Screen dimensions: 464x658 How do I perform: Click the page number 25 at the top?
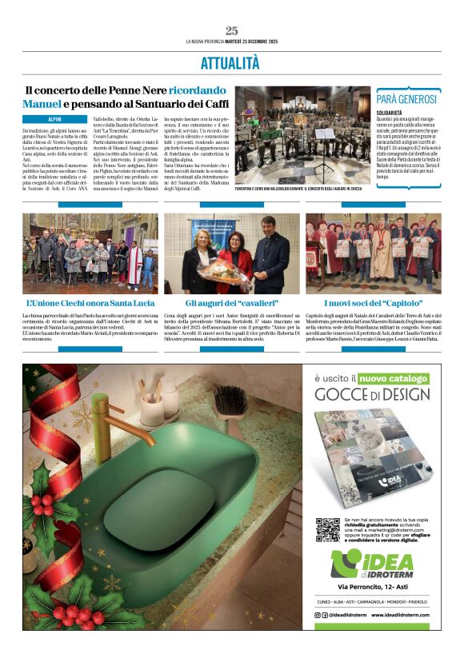tap(231, 30)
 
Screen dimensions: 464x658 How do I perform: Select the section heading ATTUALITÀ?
tap(231, 62)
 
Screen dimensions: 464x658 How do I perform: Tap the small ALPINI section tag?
tap(54, 119)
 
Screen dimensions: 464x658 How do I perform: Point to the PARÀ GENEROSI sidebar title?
tap(408, 99)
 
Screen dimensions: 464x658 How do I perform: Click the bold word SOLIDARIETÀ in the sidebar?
tap(393, 113)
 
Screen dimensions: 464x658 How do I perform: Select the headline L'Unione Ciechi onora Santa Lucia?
tap(90, 304)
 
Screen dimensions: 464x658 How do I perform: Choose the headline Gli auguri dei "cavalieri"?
tap(231, 304)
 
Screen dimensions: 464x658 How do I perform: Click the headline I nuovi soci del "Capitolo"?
tap(373, 304)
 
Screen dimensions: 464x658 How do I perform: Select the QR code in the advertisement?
tap(327, 528)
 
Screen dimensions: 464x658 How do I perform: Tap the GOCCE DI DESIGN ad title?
tap(372, 394)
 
